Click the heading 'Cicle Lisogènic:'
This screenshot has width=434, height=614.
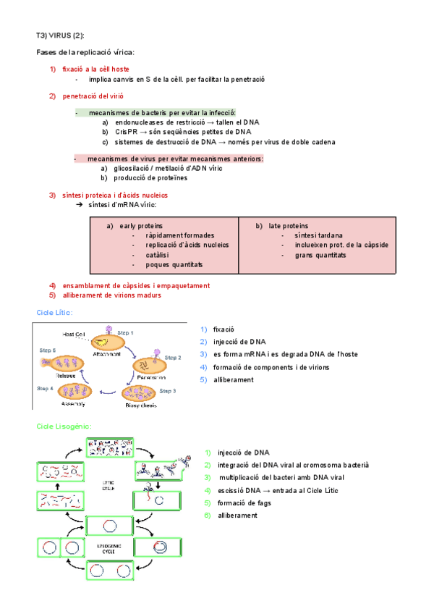tap(64, 427)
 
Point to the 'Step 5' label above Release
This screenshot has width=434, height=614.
tap(47, 350)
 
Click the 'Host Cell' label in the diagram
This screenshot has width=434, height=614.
tap(75, 335)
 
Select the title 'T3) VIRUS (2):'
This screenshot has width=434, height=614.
tap(65, 35)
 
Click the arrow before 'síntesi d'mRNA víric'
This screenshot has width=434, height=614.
tap(80, 205)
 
